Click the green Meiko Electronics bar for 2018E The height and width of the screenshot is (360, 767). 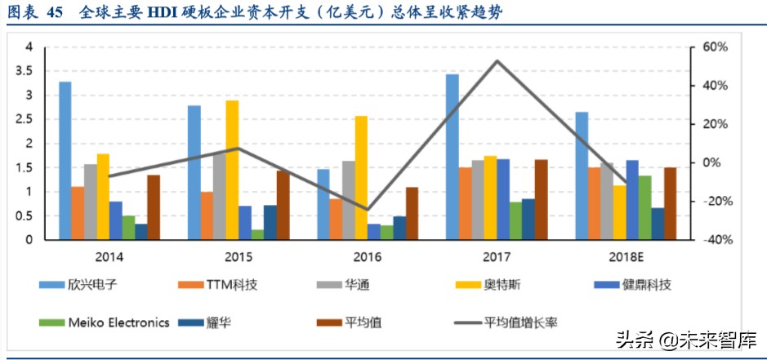pyautogui.click(x=644, y=207)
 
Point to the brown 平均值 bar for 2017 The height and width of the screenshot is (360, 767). pyautogui.click(x=541, y=199)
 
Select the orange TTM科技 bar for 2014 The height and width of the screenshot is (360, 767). pyautogui.click(x=78, y=213)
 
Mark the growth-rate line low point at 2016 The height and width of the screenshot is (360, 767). pyautogui.click(x=368, y=210)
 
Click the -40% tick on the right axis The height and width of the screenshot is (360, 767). pyautogui.click(x=707, y=240)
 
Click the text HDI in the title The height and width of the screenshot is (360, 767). pyautogui.click(x=163, y=12)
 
